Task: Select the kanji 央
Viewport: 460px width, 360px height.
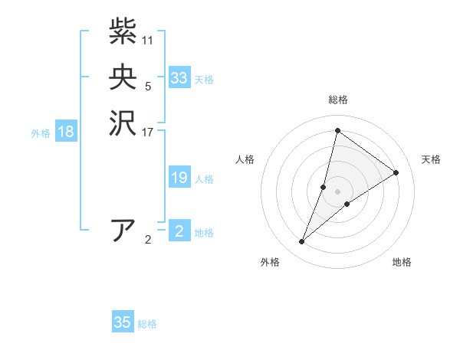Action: click(123, 77)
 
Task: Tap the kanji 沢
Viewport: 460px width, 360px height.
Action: click(123, 123)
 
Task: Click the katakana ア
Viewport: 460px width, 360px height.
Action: click(123, 231)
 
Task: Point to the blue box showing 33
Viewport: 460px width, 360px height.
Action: click(179, 78)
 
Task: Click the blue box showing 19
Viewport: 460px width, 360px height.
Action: click(179, 178)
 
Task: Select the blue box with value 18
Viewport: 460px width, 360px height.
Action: click(66, 132)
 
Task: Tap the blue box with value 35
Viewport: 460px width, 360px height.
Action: click(123, 322)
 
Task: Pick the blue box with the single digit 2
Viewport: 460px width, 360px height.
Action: click(179, 231)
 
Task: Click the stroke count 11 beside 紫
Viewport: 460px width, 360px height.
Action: click(148, 40)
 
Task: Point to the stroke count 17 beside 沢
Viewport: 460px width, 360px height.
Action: click(148, 132)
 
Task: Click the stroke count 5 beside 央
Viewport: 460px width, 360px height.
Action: click(148, 86)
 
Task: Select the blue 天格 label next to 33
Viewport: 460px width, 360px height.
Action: click(204, 80)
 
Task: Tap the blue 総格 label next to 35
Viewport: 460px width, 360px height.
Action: click(147, 324)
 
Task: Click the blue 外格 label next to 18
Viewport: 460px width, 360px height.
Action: click(41, 133)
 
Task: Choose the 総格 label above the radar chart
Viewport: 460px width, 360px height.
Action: click(337, 100)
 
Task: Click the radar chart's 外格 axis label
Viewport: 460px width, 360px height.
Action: click(270, 262)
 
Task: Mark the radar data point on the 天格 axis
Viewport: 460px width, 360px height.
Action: click(396, 172)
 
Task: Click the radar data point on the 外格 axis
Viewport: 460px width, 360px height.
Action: click(302, 242)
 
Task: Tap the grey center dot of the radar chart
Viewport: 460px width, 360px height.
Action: click(337, 191)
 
